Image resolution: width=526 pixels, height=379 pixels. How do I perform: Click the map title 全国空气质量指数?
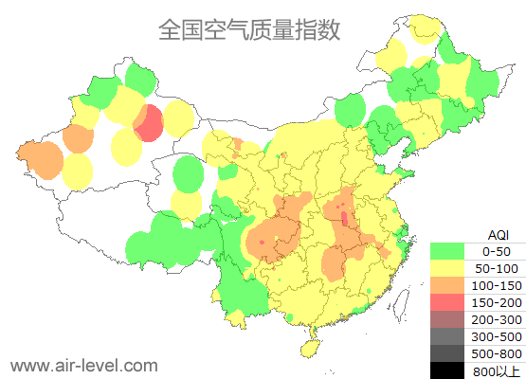pos(249,29)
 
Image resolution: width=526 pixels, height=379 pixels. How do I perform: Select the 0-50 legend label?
pos(497,251)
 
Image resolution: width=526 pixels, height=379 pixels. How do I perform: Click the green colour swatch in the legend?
pos(447,251)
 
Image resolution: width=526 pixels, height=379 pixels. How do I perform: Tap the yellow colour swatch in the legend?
pos(447,268)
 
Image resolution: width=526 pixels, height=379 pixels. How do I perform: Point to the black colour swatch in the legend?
pos(447,370)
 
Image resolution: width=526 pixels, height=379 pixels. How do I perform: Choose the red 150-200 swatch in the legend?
pos(447,302)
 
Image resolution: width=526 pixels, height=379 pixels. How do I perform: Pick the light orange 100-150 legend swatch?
pos(447,285)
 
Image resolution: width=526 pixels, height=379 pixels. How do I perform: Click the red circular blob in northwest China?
pos(148,124)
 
